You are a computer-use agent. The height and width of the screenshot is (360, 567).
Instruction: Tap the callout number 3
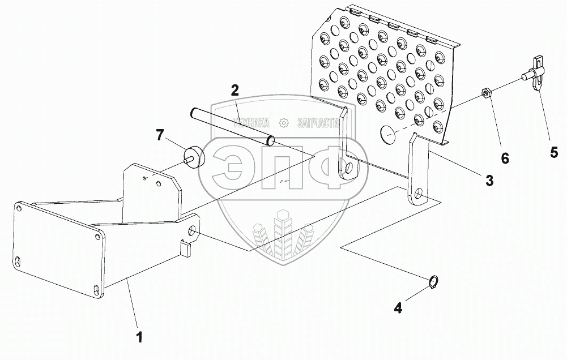click(488, 181)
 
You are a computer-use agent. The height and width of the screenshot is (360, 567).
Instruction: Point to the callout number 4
click(398, 308)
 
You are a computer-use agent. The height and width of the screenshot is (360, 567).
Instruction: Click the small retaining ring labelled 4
click(433, 281)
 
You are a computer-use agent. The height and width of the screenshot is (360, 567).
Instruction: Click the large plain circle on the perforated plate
click(387, 133)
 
